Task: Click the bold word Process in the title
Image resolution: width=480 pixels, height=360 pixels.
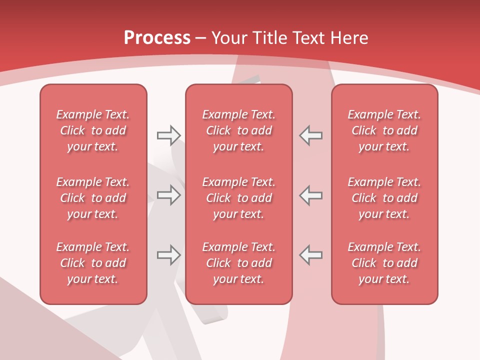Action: click(x=157, y=37)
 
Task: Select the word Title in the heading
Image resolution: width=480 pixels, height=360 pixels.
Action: click(x=270, y=37)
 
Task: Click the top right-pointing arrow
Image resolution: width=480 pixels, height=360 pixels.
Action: click(x=168, y=135)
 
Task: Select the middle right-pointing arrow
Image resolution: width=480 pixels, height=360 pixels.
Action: click(x=168, y=195)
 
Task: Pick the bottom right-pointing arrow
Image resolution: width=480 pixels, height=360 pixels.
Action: click(x=168, y=255)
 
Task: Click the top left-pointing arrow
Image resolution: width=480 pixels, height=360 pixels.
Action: click(x=310, y=135)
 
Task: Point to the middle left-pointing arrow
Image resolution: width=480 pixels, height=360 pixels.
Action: click(x=310, y=195)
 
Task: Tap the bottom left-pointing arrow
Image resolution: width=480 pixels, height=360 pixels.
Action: click(x=310, y=255)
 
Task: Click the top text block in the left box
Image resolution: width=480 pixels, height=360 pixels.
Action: click(x=93, y=130)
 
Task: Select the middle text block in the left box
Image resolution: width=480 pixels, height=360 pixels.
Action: click(x=93, y=198)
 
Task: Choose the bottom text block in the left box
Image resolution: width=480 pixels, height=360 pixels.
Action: click(x=93, y=263)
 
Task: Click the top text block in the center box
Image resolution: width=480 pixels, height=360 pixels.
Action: click(x=238, y=130)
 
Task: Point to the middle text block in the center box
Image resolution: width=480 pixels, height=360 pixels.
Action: click(x=238, y=198)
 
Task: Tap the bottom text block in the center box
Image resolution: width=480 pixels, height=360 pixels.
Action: click(x=238, y=263)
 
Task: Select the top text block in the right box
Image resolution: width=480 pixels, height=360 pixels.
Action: click(x=384, y=130)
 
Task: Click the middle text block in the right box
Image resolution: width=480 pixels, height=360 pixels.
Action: click(x=384, y=198)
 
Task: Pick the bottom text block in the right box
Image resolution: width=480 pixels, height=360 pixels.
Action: click(x=384, y=263)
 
